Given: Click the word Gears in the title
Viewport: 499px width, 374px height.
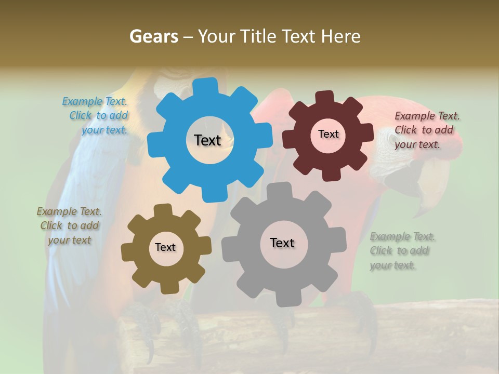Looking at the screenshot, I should click(154, 36).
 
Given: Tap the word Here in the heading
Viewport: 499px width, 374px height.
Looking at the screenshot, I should click(340, 36).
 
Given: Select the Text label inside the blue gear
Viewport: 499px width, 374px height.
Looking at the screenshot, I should click(207, 140).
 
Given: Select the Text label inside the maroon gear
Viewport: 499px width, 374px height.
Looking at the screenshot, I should click(328, 134).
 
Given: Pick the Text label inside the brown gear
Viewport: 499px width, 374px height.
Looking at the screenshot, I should click(165, 248).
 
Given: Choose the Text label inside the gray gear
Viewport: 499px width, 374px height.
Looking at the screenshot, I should click(282, 243).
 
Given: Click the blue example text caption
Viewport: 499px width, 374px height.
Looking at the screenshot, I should click(97, 116).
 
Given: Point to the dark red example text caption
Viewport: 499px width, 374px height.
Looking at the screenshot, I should click(426, 130).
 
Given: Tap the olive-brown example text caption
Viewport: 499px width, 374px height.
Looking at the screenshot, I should click(70, 225).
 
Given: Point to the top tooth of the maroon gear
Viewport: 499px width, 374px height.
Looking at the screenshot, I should click(325, 97).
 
